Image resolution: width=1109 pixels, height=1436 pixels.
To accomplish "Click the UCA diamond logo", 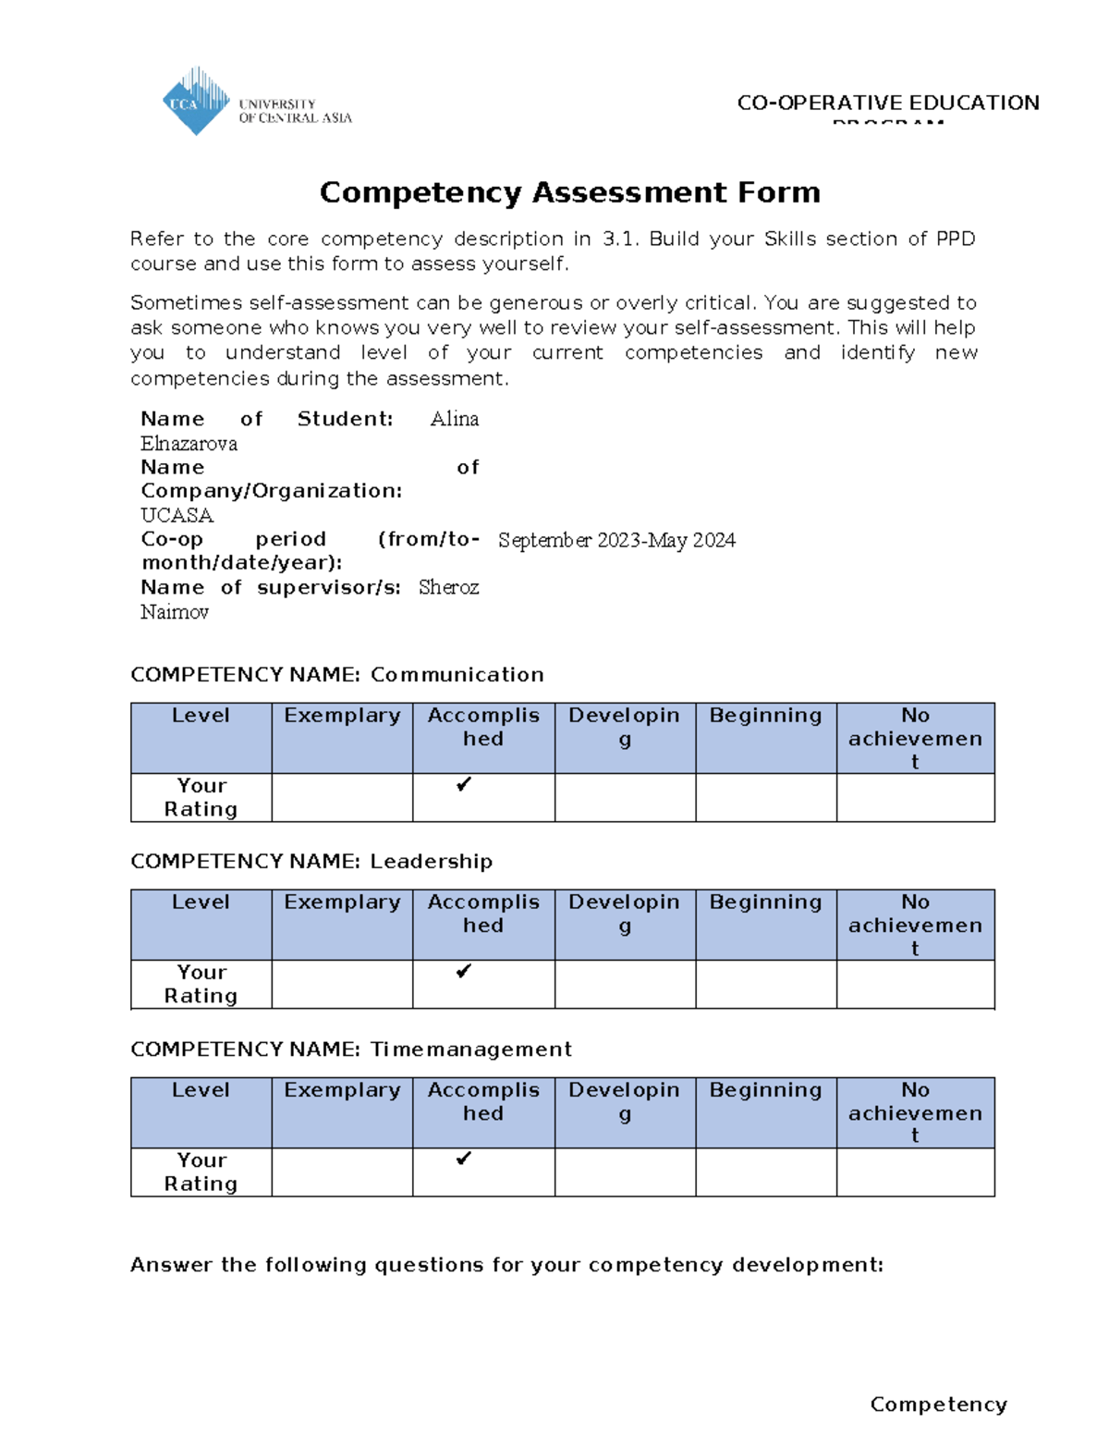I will pos(196,102).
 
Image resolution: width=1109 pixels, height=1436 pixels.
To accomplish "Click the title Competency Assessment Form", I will pos(569,192).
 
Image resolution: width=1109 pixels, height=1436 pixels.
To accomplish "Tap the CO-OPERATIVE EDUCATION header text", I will pos(887,103).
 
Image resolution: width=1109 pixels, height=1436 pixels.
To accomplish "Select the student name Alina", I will pos(454,419).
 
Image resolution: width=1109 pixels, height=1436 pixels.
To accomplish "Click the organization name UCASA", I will pos(177,515).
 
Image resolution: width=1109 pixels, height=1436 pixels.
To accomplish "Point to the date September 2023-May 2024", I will pos(616,540).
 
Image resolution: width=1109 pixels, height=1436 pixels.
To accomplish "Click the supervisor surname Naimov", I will pos(175,612).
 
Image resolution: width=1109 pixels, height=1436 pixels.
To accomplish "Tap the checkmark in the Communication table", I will pos(464,784).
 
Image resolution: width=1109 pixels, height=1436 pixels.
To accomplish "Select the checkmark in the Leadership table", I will pos(464,971).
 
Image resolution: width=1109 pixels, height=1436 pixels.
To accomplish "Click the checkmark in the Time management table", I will pos(464,1159).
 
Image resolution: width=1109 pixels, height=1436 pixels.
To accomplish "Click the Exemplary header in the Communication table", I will pos(342,716).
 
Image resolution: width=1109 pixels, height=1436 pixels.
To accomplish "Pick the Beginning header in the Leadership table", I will pos(765,902).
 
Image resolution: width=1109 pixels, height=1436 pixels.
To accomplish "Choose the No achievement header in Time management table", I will pos(915,1112).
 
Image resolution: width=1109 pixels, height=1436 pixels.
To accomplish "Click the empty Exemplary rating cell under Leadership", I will pos(342,984).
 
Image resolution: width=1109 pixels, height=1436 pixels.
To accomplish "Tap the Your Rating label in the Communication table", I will pos(201,797).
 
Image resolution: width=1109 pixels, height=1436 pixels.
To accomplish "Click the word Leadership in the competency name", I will pos(431,862).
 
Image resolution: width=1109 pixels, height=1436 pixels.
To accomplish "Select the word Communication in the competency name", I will pos(457,675).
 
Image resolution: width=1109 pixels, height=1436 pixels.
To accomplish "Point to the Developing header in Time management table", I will pos(624,1100).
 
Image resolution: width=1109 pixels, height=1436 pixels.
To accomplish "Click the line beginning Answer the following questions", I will pos(506,1265).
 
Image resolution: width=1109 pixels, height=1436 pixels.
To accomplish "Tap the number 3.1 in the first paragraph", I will pos(619,239).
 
